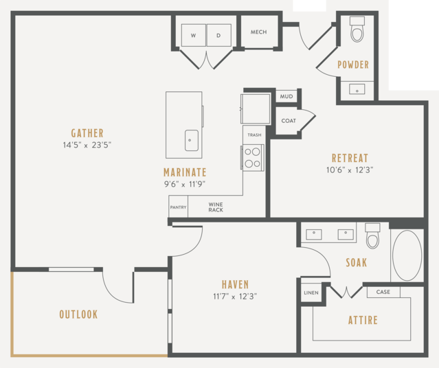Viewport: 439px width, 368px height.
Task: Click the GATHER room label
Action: [87, 133]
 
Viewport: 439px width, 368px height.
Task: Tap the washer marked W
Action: [194, 35]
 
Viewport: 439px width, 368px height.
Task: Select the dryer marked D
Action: [219, 35]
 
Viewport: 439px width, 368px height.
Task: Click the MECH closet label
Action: [259, 32]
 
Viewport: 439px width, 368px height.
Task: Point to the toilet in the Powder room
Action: [357, 29]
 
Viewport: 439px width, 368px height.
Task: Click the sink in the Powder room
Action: [357, 89]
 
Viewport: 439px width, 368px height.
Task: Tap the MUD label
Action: [286, 97]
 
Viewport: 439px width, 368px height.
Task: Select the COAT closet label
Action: [289, 121]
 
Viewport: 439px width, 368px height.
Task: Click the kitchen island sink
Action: [192, 140]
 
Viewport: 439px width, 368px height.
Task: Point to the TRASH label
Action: [254, 135]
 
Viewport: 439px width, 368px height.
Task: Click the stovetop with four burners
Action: [253, 157]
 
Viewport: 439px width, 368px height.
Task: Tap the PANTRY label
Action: [178, 207]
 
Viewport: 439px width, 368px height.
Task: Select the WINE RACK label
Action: [216, 207]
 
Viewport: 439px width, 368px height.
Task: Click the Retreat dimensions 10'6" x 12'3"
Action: [350, 170]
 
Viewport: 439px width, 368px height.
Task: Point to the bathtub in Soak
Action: [407, 255]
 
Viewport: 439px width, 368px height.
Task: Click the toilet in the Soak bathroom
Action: [372, 235]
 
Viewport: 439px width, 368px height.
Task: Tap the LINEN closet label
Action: [311, 292]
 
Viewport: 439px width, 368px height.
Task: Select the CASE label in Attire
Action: [383, 292]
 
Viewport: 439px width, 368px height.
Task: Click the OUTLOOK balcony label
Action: [79, 314]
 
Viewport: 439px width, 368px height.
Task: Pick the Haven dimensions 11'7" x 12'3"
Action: [235, 297]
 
